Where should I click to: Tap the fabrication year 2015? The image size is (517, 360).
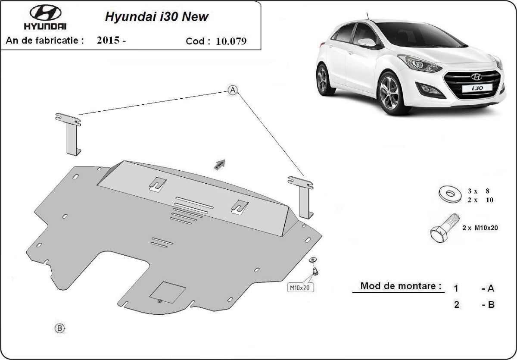pyautogui.click(x=108, y=41)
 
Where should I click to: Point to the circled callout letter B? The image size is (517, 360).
pyautogui.click(x=59, y=328)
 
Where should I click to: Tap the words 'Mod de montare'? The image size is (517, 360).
pyautogui.click(x=401, y=286)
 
